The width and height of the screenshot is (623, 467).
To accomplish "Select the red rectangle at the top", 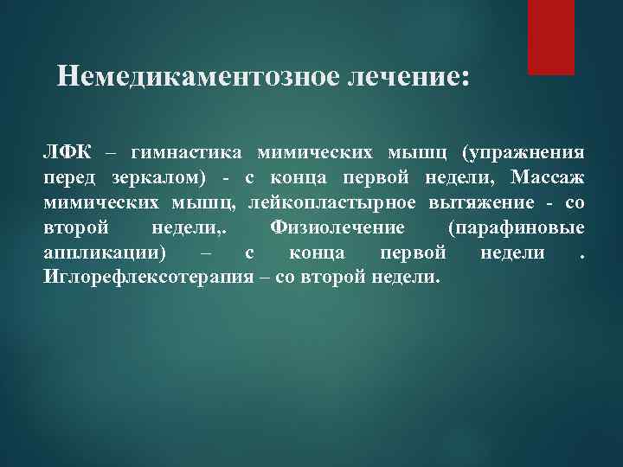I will click(551, 36).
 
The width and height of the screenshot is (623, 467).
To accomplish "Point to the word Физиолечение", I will click(337, 228).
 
